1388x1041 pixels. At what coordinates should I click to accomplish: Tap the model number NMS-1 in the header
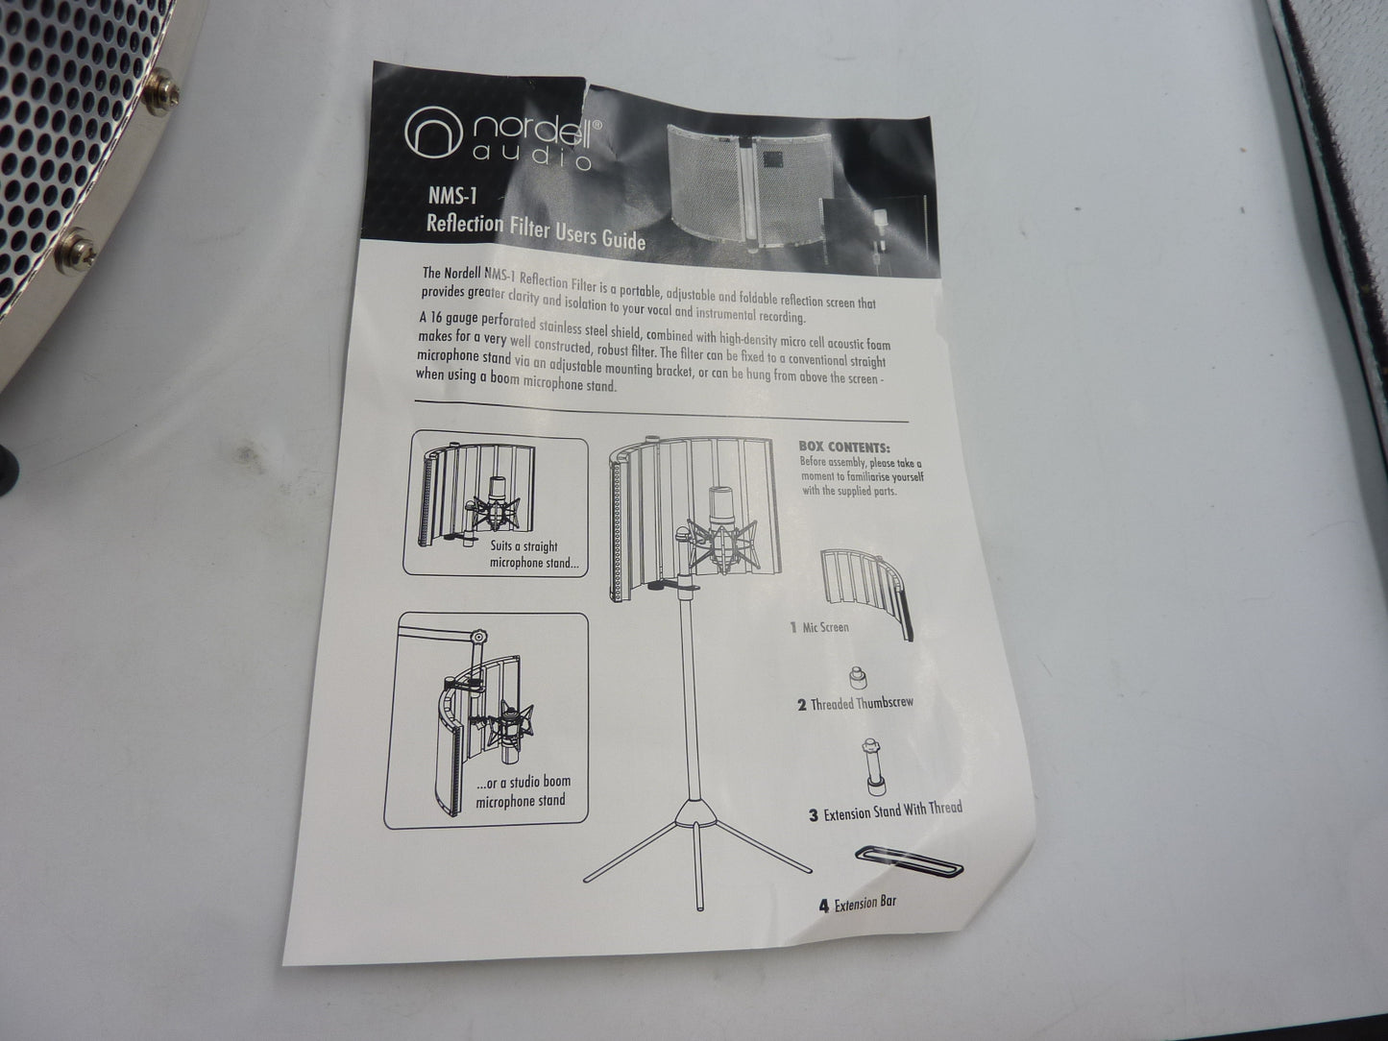point(452,196)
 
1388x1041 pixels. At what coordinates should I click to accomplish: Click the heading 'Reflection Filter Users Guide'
point(536,232)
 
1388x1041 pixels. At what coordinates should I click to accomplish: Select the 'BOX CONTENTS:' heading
point(845,447)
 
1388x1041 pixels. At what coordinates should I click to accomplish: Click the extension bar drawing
point(910,861)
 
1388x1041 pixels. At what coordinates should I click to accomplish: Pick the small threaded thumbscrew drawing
point(858,677)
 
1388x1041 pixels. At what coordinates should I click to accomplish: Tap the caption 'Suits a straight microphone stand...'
point(533,554)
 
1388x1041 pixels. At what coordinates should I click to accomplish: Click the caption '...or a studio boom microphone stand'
point(523,791)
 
